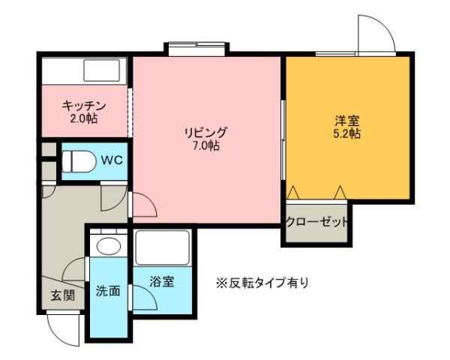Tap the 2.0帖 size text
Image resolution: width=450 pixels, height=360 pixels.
(x=82, y=118)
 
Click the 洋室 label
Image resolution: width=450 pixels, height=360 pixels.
(x=346, y=120)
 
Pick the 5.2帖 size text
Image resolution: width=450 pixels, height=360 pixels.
(x=346, y=133)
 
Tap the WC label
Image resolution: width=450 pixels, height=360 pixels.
(x=112, y=160)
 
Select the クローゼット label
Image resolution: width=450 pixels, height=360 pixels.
(x=317, y=222)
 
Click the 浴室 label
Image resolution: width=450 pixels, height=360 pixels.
(x=161, y=282)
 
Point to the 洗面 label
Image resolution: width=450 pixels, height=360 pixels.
(x=107, y=291)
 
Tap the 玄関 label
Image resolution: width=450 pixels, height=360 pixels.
(x=62, y=295)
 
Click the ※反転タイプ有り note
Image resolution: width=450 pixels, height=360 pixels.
(x=262, y=283)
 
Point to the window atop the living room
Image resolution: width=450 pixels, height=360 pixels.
(x=196, y=49)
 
